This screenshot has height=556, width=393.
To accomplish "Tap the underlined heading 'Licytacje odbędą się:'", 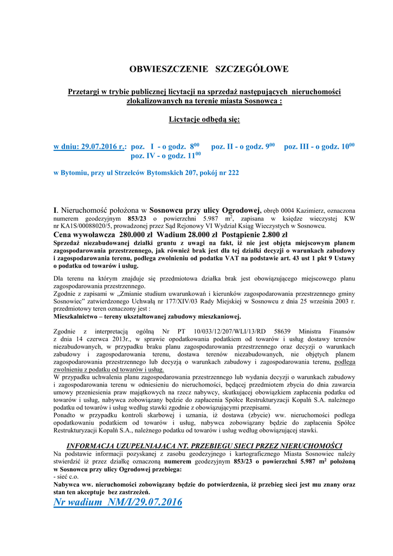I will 204,119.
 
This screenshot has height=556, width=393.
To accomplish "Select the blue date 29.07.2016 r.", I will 102,147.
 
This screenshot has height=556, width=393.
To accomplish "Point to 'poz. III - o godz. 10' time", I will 319,147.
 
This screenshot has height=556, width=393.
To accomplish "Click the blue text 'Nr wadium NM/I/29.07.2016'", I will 118,502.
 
